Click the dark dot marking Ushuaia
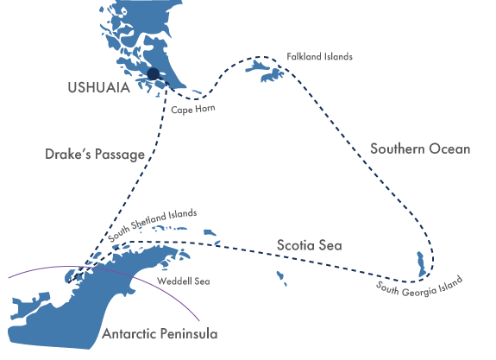click(153, 75)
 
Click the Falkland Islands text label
click(320, 57)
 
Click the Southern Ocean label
click(420, 148)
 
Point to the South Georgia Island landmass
click(420, 262)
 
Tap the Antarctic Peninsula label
click(160, 332)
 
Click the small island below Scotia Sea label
click(281, 277)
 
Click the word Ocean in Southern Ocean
click(451, 148)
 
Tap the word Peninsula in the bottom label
click(188, 332)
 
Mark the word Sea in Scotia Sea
click(330, 246)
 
